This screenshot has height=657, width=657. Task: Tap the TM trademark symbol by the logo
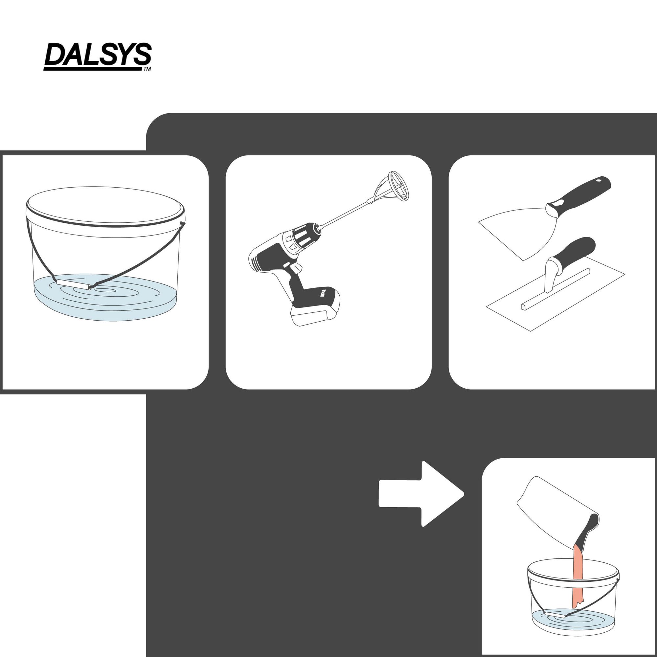(147, 69)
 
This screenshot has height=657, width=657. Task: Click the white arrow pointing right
(421, 494)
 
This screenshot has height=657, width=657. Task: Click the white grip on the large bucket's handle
(73, 284)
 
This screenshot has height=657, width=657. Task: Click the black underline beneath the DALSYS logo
(93, 69)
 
